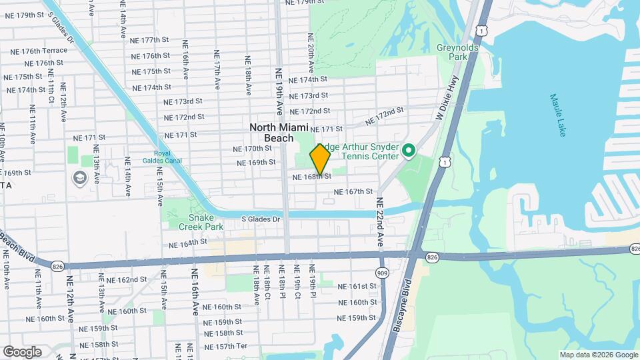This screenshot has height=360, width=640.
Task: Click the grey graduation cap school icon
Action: (80, 178)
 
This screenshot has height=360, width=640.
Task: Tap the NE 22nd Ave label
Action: (380, 221)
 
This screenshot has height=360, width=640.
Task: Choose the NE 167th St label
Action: (353, 192)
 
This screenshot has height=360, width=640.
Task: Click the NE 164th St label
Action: (185, 243)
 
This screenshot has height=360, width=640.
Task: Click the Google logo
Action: (21, 351)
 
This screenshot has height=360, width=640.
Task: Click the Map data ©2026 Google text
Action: (598, 355)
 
